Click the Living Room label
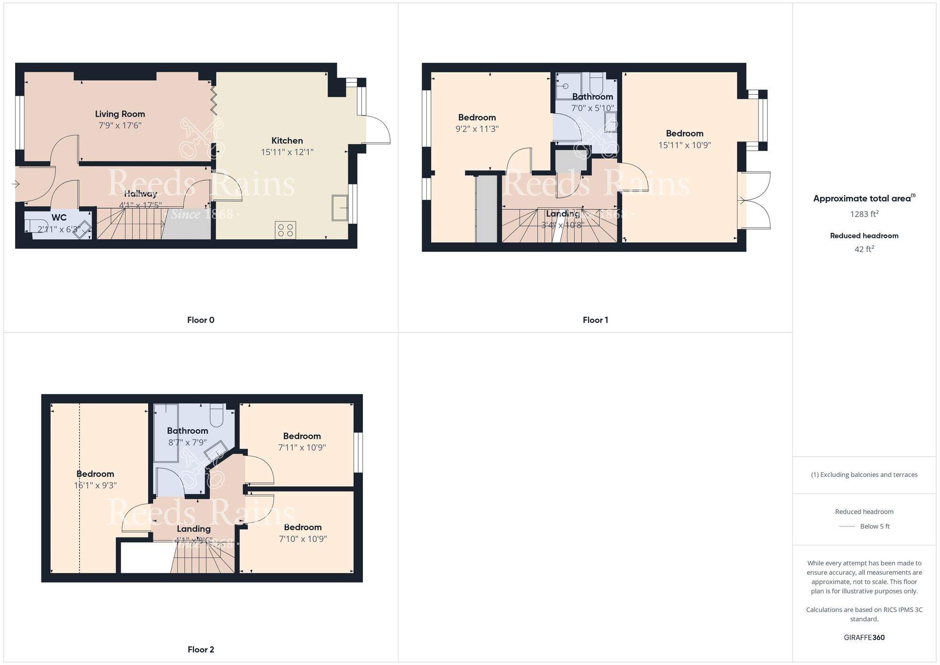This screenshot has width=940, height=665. pyautogui.click(x=120, y=114)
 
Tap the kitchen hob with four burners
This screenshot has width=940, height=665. pyautogui.click(x=285, y=230)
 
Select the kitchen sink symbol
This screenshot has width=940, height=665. pyautogui.click(x=339, y=207)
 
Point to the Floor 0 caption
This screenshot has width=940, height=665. pyautogui.click(x=201, y=320)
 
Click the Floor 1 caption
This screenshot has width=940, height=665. pyautogui.click(x=595, y=320)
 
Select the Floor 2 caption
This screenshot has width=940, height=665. pyautogui.click(x=201, y=650)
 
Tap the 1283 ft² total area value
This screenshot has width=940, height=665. pyautogui.click(x=864, y=214)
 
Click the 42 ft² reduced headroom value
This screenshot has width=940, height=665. pyautogui.click(x=864, y=249)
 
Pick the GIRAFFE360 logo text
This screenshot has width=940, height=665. pyautogui.click(x=864, y=638)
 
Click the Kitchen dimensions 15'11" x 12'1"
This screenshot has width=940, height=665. pyautogui.click(x=287, y=152)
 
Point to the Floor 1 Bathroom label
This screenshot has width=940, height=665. pyautogui.click(x=593, y=96)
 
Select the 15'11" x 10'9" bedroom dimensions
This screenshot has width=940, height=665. pyautogui.click(x=684, y=145)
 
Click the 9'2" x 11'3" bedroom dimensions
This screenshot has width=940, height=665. pyautogui.click(x=477, y=129)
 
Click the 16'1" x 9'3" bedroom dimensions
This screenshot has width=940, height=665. pyautogui.click(x=95, y=485)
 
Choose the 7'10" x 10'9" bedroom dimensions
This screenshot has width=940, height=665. pyautogui.click(x=303, y=539)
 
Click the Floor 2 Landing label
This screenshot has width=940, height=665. pyautogui.click(x=194, y=529)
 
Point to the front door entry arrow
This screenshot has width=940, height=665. pyautogui.click(x=16, y=184)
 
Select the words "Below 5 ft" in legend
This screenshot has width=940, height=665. pyautogui.click(x=875, y=526)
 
